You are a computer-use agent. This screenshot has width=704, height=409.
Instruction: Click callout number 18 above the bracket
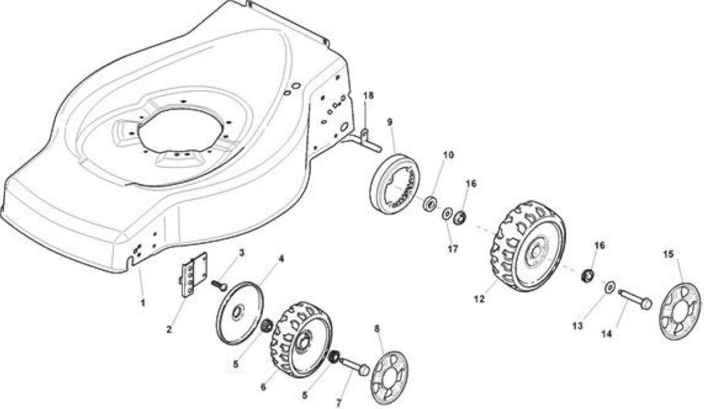click(x=369, y=96)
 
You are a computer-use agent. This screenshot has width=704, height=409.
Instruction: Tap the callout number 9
click(x=390, y=122)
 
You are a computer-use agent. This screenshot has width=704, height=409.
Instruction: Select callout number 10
click(x=448, y=155)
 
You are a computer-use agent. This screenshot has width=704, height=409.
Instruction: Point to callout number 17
click(x=453, y=249)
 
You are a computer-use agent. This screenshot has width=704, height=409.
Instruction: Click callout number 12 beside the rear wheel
click(x=479, y=299)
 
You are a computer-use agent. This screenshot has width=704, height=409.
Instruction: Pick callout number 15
click(x=668, y=254)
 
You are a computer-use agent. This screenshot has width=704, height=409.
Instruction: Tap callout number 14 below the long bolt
click(x=607, y=334)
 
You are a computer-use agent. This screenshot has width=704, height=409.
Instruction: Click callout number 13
click(x=577, y=326)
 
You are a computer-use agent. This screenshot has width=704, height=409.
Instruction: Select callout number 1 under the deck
click(x=143, y=303)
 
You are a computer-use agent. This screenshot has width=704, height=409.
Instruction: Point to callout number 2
click(x=169, y=329)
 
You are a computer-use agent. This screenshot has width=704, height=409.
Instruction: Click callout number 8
click(x=377, y=329)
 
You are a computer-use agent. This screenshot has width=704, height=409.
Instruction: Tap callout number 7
click(x=338, y=403)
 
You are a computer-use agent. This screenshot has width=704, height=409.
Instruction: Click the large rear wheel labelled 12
click(x=528, y=246)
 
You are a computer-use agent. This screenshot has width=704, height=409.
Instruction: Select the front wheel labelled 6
click(x=301, y=340)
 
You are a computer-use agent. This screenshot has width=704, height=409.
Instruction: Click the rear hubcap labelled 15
click(x=680, y=311)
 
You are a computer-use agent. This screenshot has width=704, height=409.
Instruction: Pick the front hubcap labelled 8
click(x=389, y=378)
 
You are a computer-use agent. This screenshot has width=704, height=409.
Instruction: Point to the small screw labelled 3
click(x=219, y=285)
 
